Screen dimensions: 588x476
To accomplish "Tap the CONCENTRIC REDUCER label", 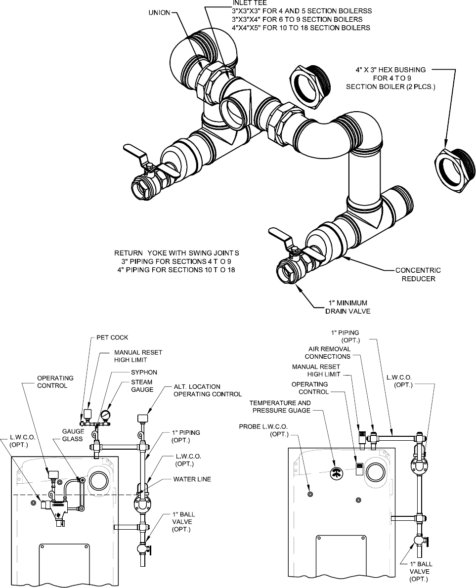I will (418, 274).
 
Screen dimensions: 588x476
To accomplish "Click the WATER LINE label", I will (192, 479).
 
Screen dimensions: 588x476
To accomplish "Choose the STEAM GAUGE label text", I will (141, 386).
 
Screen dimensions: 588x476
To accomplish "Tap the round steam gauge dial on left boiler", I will (105, 414).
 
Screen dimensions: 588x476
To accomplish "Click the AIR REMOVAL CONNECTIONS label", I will (327, 352).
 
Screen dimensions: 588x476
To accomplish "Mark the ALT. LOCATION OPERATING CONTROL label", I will (208, 390).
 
